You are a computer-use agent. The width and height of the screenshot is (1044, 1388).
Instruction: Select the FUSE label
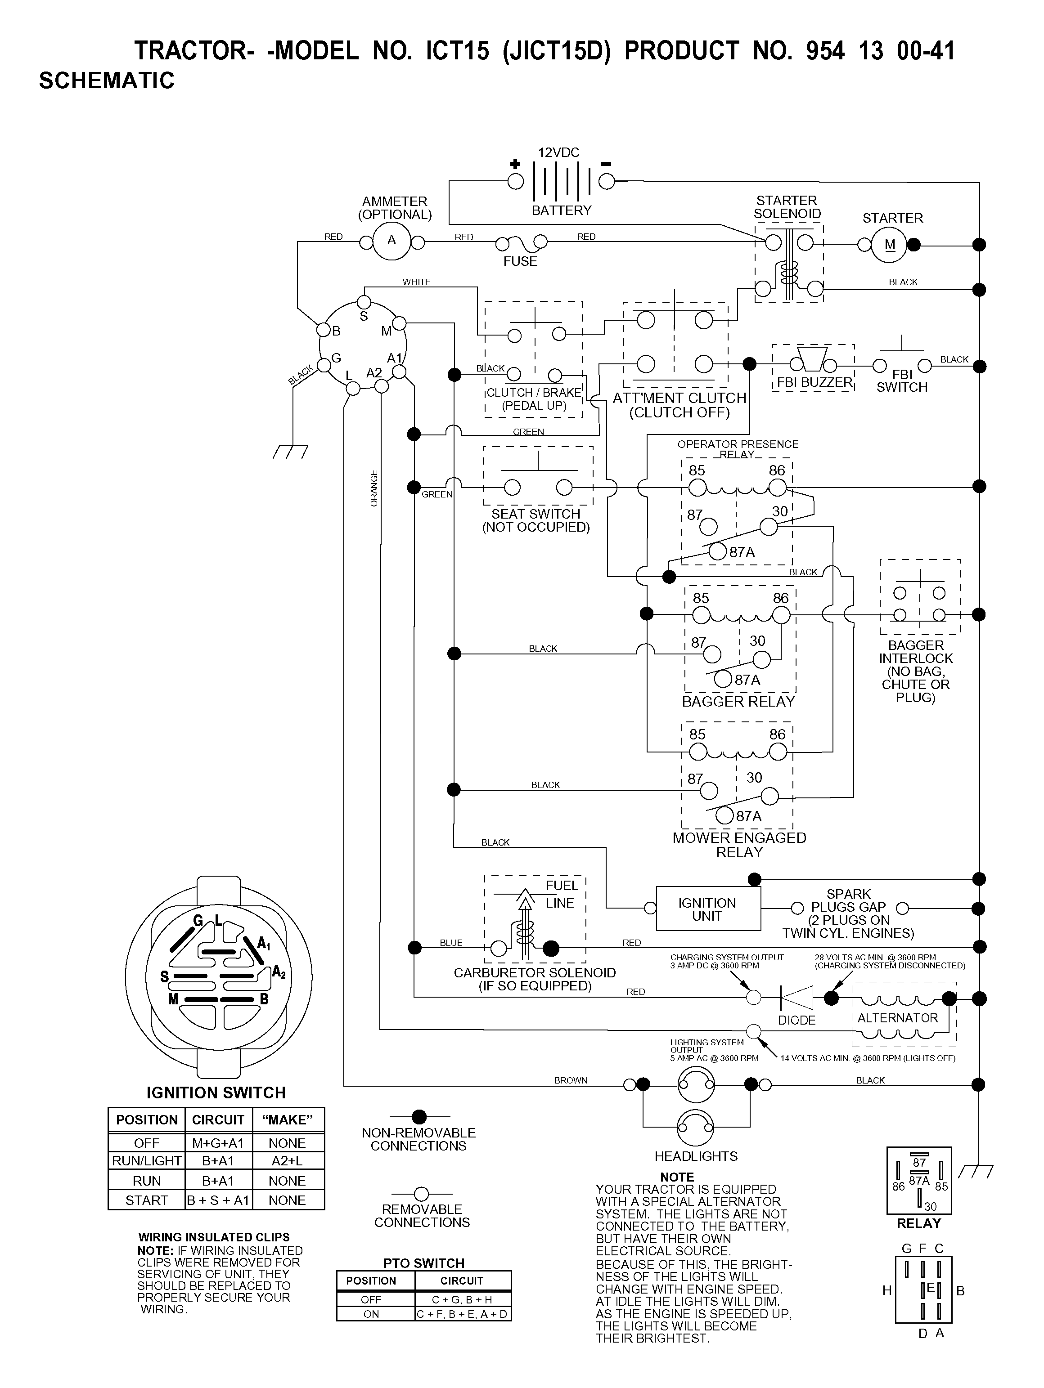(521, 261)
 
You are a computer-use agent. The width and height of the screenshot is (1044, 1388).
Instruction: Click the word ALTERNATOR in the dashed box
(898, 1018)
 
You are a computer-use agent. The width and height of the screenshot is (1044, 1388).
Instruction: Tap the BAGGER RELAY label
(738, 702)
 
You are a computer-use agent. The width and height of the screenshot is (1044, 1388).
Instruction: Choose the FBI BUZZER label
(814, 382)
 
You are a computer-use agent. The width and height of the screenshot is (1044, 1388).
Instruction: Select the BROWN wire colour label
(571, 1080)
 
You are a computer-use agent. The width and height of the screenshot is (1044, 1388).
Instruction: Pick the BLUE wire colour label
(451, 942)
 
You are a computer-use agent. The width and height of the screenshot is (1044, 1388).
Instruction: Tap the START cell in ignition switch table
(147, 1200)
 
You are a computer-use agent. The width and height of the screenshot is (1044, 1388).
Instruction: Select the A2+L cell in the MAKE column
(287, 1161)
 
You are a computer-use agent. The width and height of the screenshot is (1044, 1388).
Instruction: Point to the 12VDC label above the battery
(559, 152)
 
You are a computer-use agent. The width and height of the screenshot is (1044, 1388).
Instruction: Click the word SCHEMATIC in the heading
(107, 81)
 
